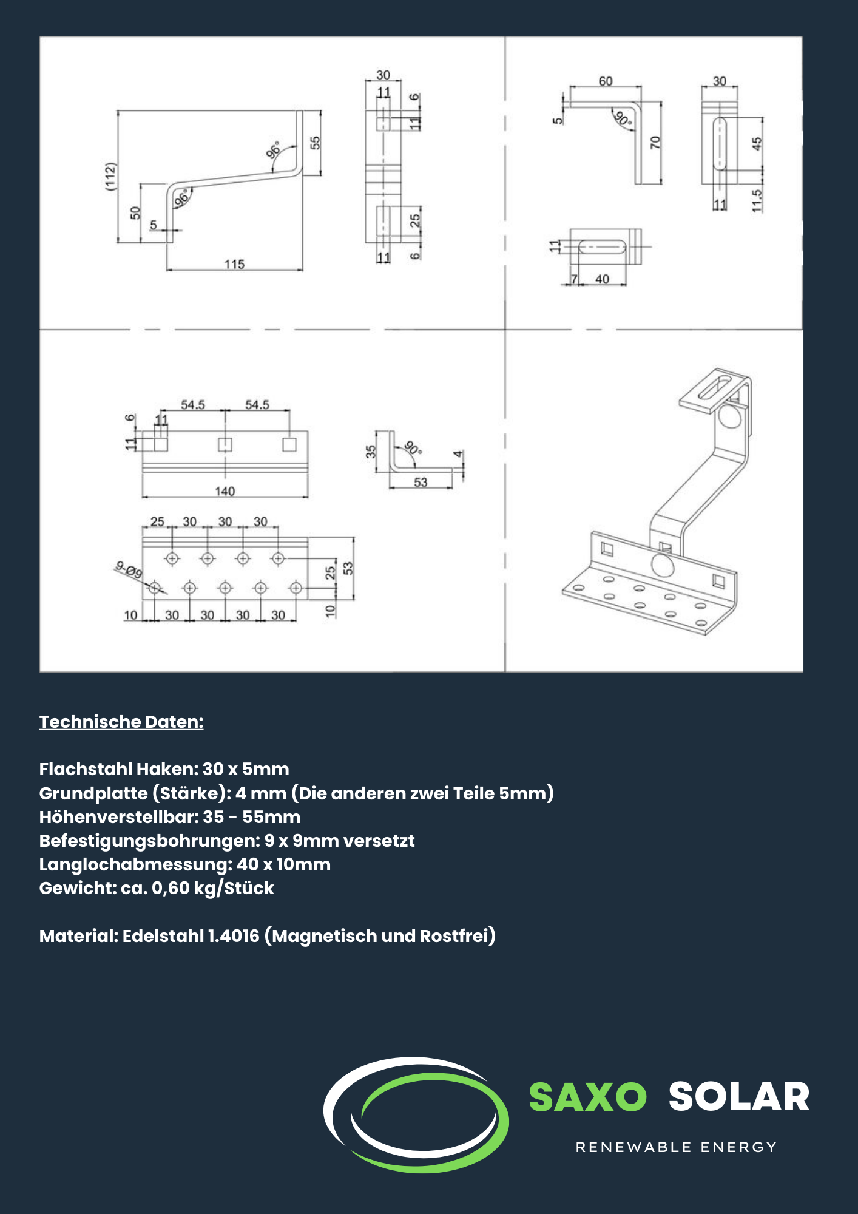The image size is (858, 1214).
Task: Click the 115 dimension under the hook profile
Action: coord(234,264)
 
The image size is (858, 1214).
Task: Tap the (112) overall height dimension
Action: coord(110,177)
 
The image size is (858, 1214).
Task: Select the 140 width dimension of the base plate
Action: coord(225,491)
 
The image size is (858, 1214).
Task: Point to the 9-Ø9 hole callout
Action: coord(129,569)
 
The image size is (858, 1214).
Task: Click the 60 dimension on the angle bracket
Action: coord(606,81)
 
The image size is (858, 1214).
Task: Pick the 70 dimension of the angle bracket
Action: coord(655,143)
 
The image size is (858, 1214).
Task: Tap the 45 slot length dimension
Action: coord(756,144)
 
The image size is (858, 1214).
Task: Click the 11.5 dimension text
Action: coord(756,200)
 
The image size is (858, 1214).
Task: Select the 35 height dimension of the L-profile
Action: coord(371,452)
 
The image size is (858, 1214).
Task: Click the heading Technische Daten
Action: coord(121,722)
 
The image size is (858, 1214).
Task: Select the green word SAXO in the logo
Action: coord(587,1097)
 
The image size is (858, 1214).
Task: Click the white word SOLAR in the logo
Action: coord(739,1097)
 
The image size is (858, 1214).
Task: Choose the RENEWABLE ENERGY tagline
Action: coord(676,1147)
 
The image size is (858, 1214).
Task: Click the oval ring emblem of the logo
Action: coord(416,1114)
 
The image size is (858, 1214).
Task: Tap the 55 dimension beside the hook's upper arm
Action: coord(315,143)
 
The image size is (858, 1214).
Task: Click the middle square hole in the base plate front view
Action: coord(225,445)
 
